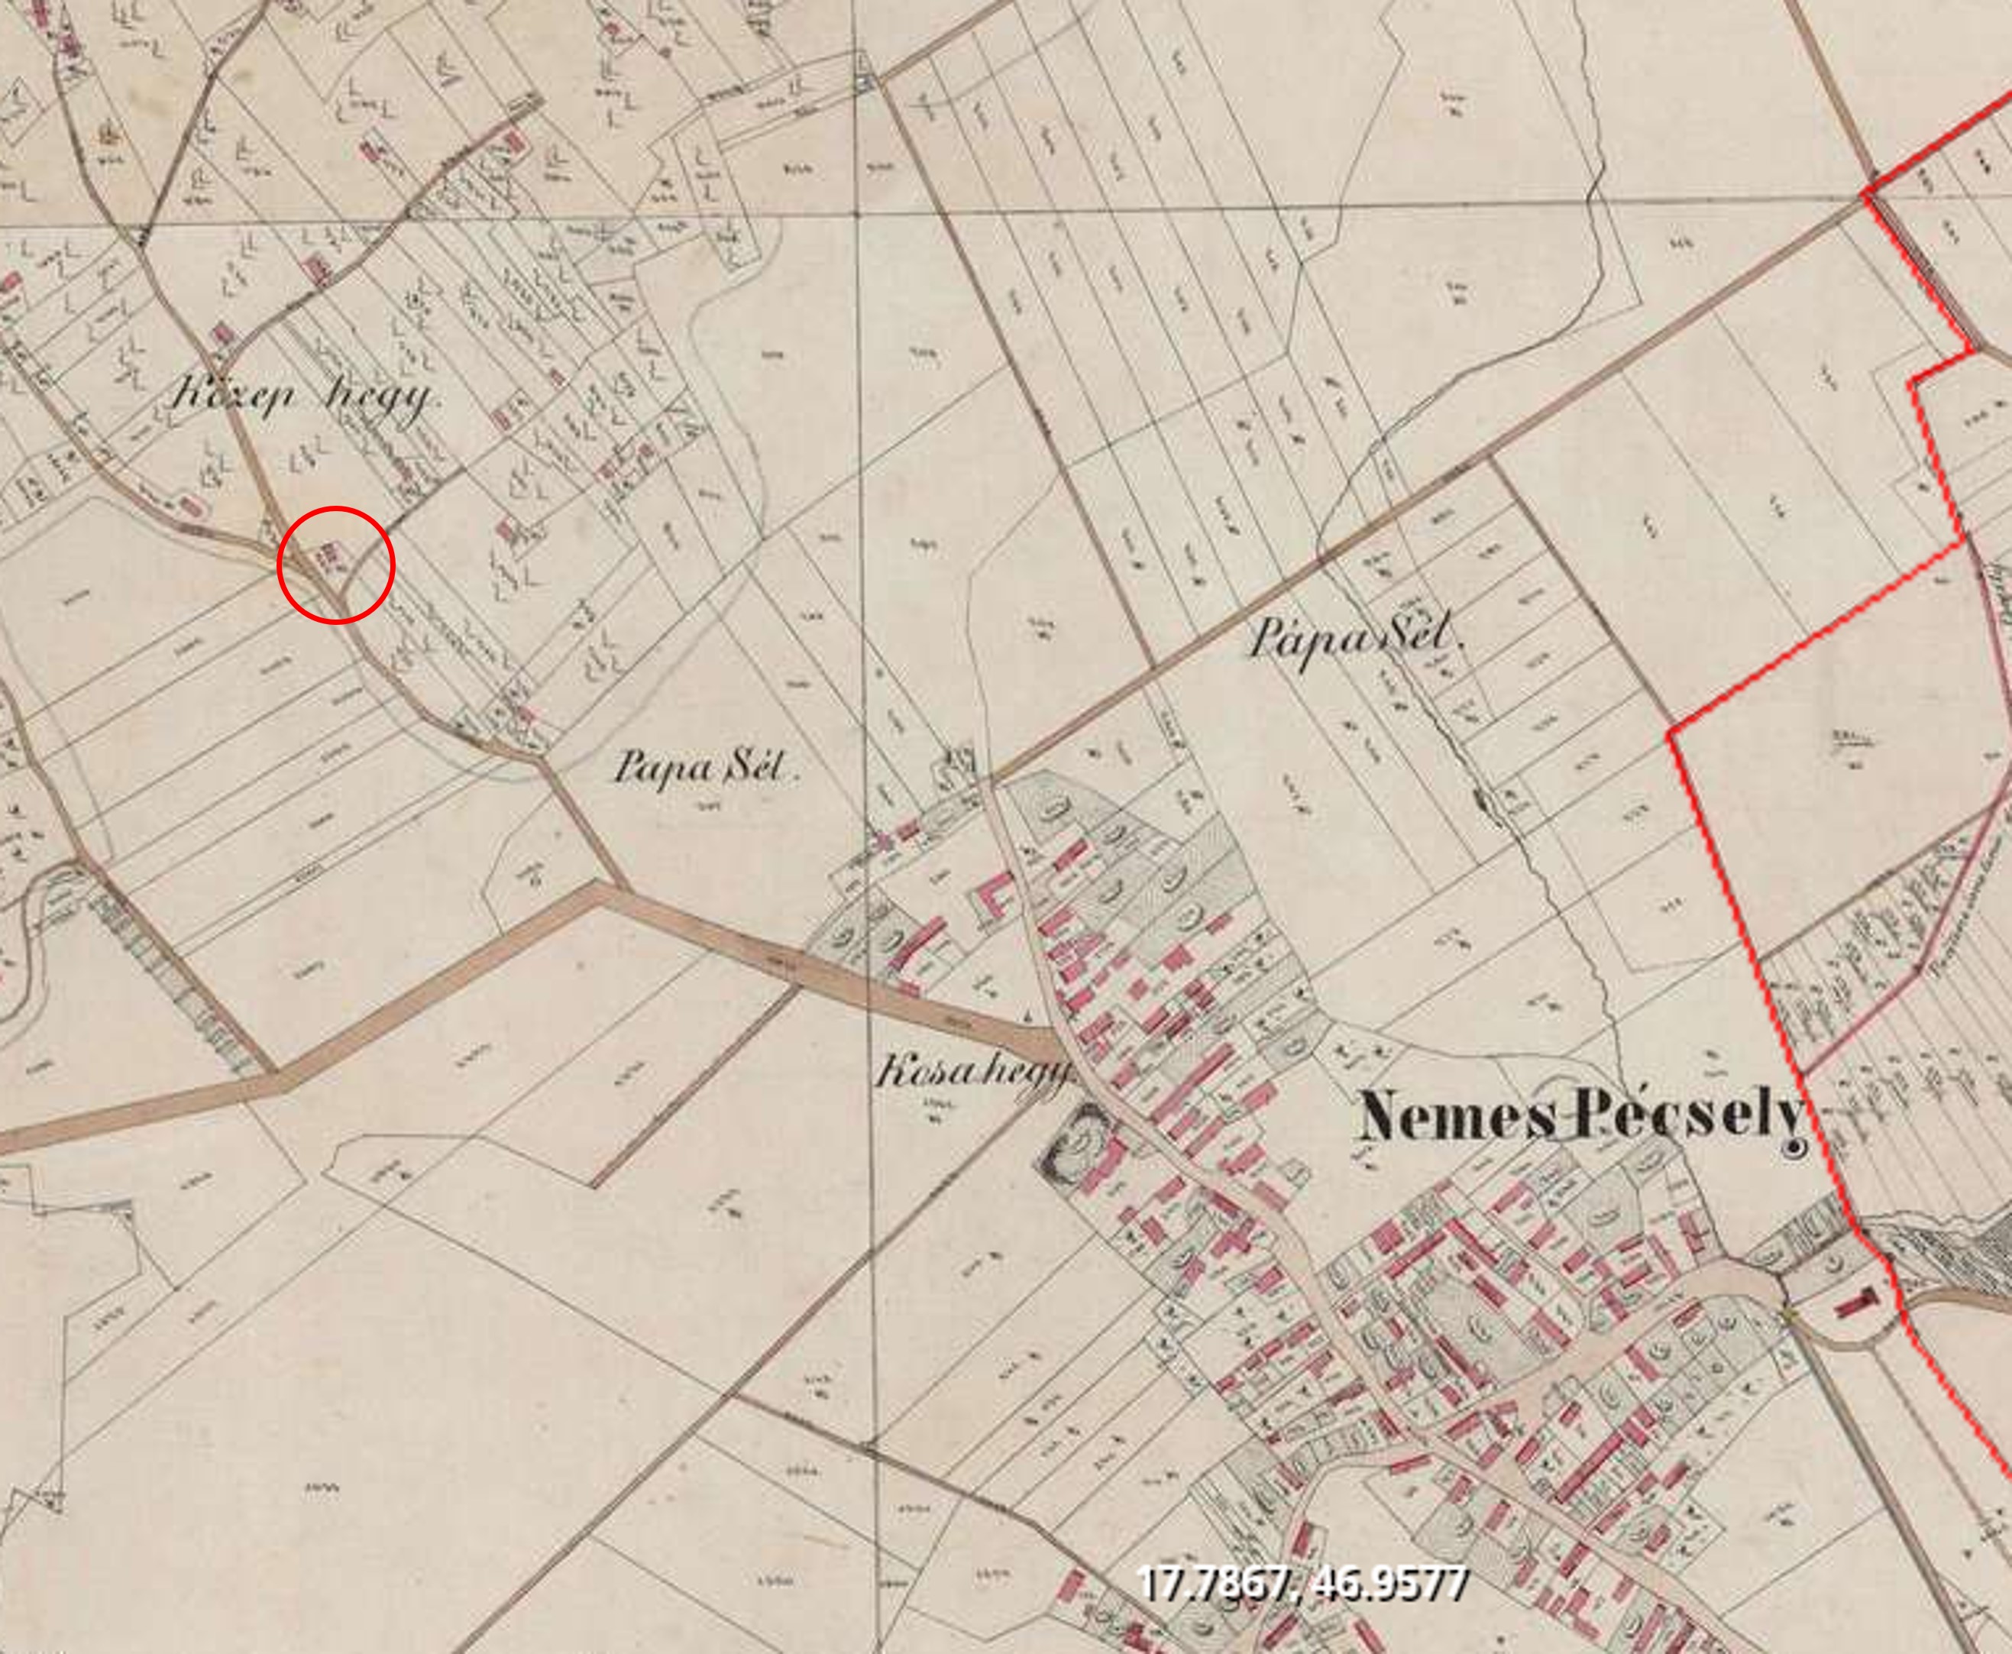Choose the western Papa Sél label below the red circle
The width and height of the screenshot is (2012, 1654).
705,766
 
